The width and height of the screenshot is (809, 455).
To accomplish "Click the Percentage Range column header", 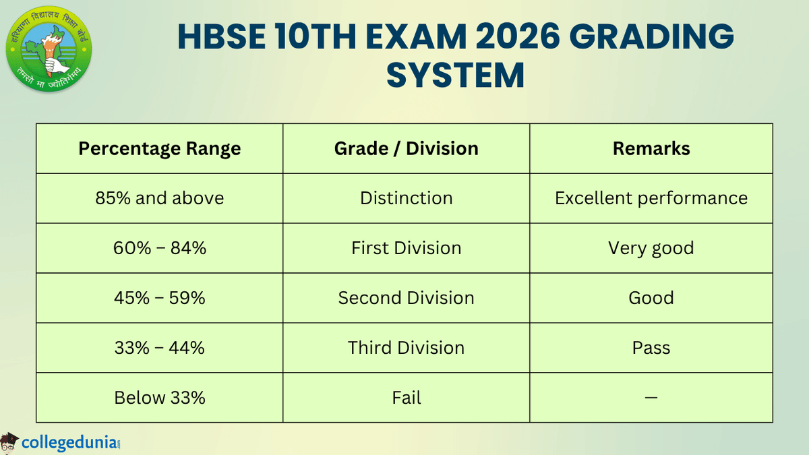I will point(160,148).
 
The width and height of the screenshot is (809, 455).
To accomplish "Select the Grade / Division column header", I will point(406,148).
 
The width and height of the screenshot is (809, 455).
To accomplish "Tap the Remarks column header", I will point(651,148).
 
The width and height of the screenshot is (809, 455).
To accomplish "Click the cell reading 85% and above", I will point(160,198).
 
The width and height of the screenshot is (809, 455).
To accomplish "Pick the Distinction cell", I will point(406,198).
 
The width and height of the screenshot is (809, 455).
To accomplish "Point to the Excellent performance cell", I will point(651,198).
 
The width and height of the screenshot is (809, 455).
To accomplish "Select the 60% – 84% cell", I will point(160,248).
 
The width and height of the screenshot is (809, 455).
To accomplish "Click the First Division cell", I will point(406,248).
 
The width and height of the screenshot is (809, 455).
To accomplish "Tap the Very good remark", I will point(651,248).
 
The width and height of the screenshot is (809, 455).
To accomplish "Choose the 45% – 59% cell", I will point(160,298).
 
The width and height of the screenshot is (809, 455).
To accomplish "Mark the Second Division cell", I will point(406,298).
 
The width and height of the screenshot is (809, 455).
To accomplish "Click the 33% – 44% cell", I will point(160,348).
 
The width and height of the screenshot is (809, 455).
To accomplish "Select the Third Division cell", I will point(406,348).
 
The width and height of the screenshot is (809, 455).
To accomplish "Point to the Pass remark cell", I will point(651,348).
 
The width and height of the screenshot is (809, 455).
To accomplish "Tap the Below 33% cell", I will point(160,398).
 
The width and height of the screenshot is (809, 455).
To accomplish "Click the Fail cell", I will point(406,398).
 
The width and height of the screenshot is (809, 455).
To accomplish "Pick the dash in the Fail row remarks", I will point(651,398).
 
